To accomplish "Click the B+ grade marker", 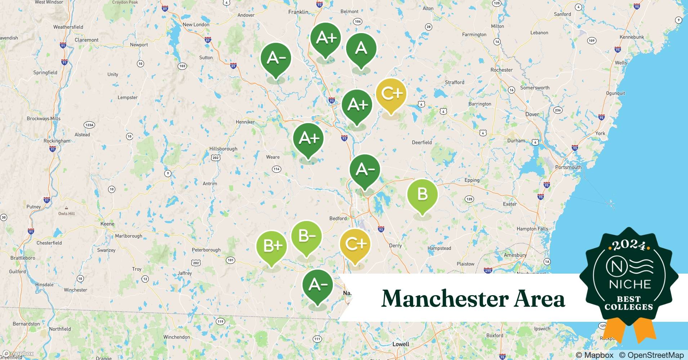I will tap(272, 246).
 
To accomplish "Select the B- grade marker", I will tap(306, 237).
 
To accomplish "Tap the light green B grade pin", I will tap(422, 194).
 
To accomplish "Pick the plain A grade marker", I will tap(361, 48).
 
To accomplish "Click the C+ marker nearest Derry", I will tap(355, 244).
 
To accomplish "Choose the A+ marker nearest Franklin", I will tap(326, 38).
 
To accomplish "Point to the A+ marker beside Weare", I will tap(308, 139).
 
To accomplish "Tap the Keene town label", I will tap(107, 224).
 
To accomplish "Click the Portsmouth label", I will tap(568, 167).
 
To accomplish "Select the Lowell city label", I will tap(401, 344).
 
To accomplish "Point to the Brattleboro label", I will tap(23, 258).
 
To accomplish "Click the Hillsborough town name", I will tap(223, 149).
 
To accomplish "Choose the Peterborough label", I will tap(206, 250).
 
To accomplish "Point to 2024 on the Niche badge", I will tap(629, 245).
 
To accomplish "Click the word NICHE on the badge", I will tap(630, 284).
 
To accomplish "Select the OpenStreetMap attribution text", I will tap(651, 355).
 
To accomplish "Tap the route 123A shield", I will tap(89, 125).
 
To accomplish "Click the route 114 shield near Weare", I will tap(276, 169).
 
